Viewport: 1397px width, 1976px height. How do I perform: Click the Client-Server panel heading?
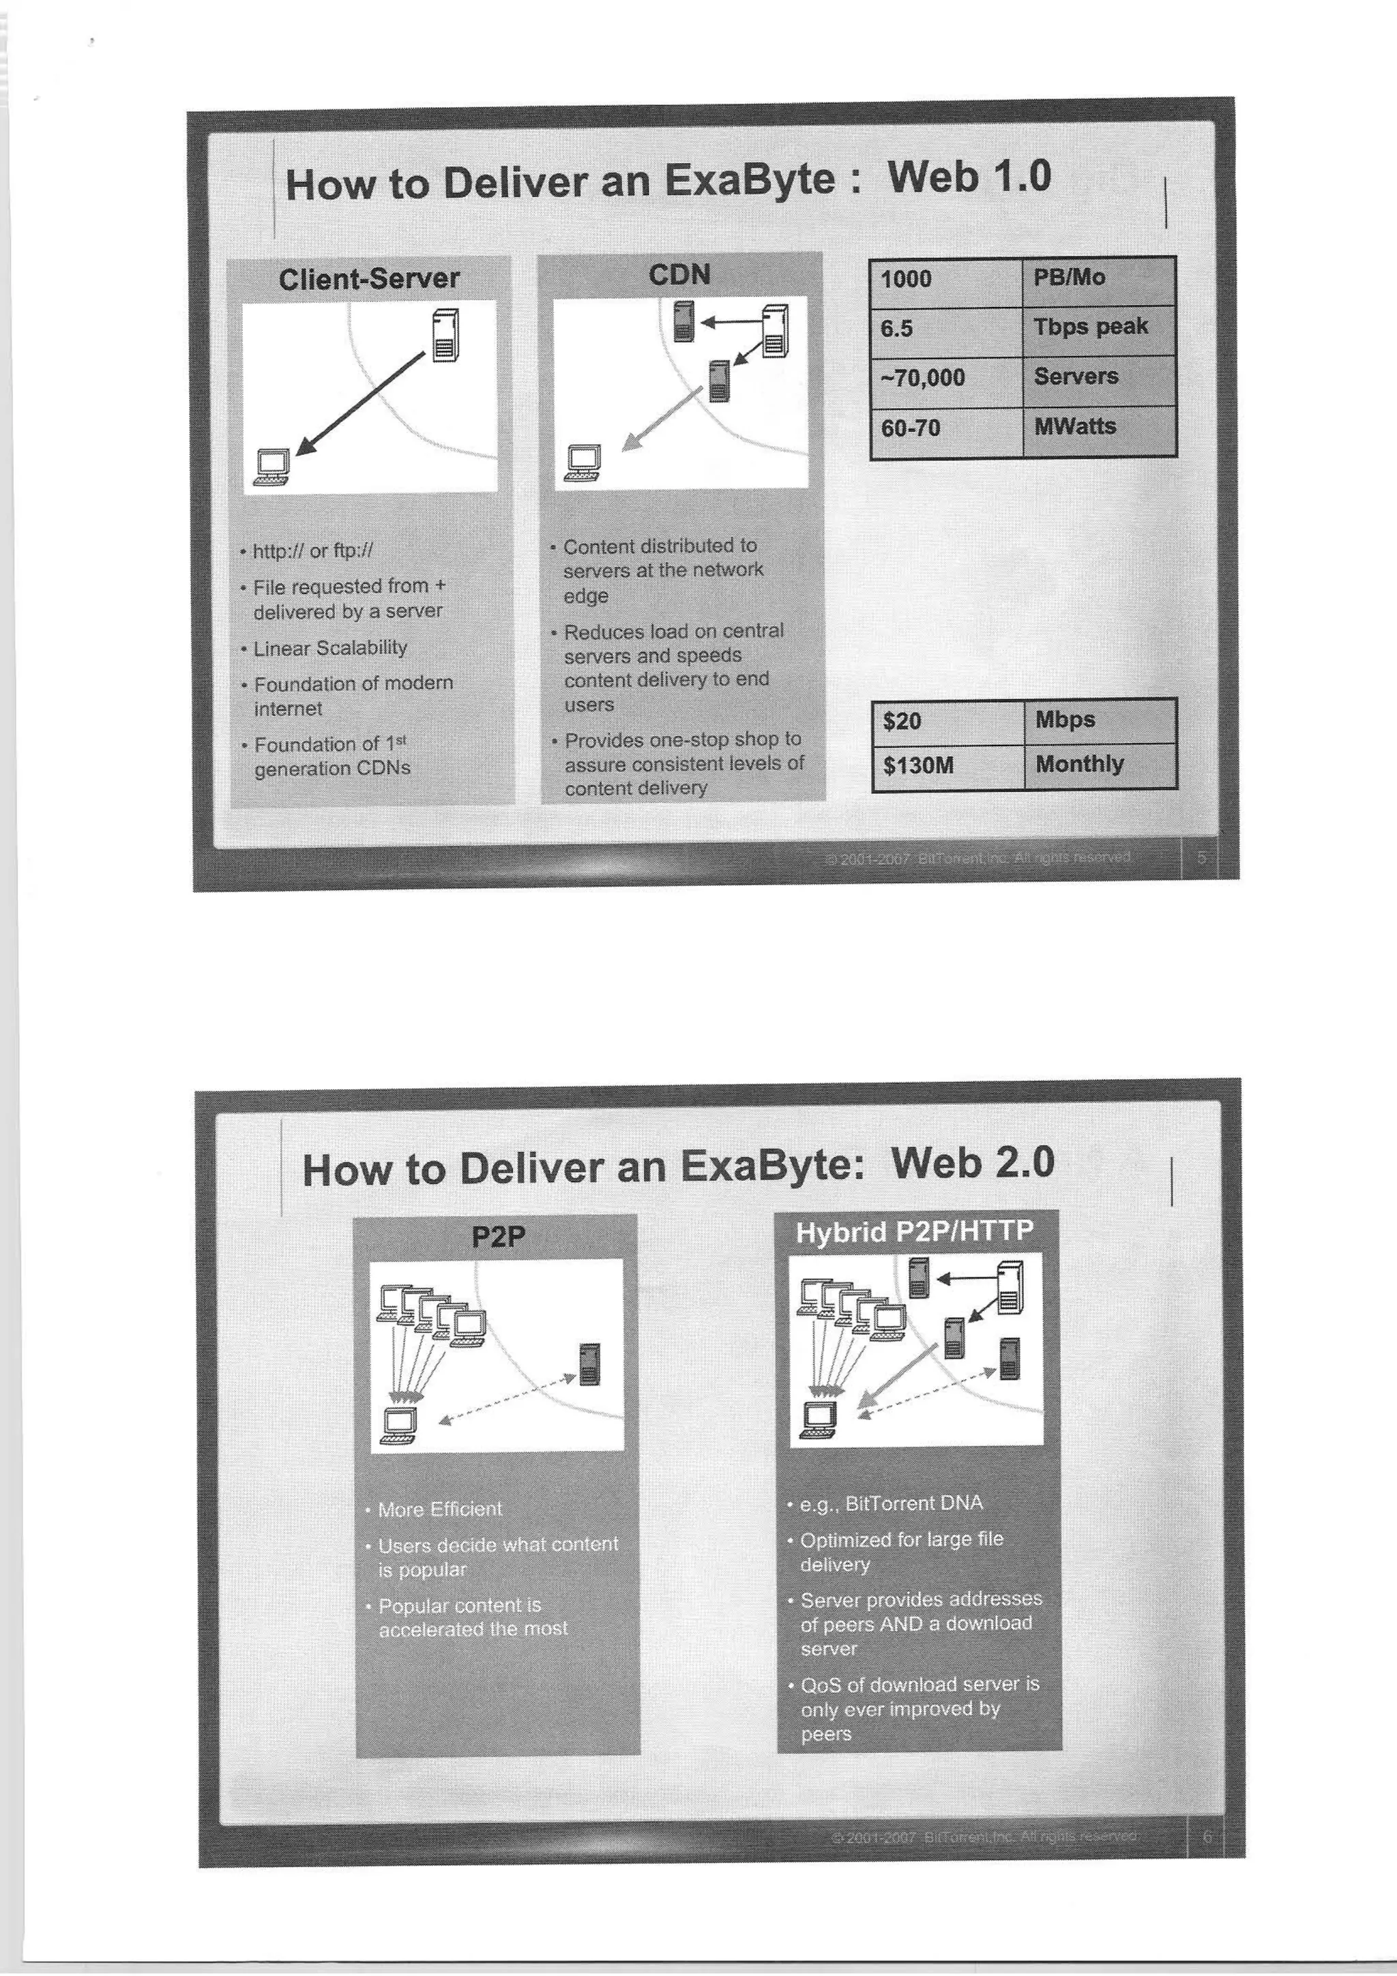(369, 279)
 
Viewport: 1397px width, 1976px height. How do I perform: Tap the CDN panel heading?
(679, 275)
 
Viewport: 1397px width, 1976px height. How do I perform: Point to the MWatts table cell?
(1098, 427)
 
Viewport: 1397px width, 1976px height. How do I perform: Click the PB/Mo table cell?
(1098, 279)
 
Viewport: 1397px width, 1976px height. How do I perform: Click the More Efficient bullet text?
(439, 1509)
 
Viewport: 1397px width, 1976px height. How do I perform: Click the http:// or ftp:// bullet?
(313, 551)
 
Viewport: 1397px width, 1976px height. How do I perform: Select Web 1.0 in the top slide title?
(969, 177)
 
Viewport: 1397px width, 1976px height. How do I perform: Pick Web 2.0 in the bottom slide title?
(973, 1164)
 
